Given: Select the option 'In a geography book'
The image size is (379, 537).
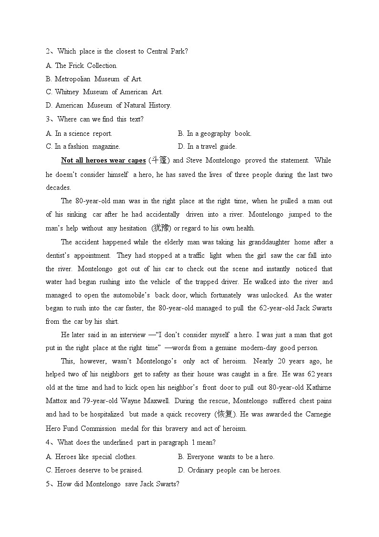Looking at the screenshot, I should pos(214,133).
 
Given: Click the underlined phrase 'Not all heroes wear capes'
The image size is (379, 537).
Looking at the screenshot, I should pos(103,160).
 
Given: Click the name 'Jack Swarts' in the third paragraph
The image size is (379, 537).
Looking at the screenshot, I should pos(314,308).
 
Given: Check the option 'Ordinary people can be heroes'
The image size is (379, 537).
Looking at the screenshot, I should pos(230,470).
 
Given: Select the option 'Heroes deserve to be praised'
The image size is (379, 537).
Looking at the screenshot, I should pos(94,470).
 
